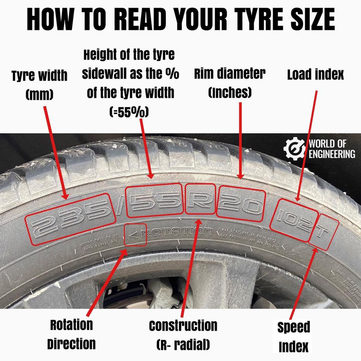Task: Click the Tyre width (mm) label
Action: (x=39, y=85)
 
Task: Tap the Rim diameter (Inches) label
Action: (x=230, y=83)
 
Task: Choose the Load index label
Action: (x=315, y=75)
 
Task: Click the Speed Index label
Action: (x=293, y=337)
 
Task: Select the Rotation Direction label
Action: (x=71, y=334)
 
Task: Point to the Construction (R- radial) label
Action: (x=183, y=335)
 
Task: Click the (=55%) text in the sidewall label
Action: (x=129, y=112)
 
